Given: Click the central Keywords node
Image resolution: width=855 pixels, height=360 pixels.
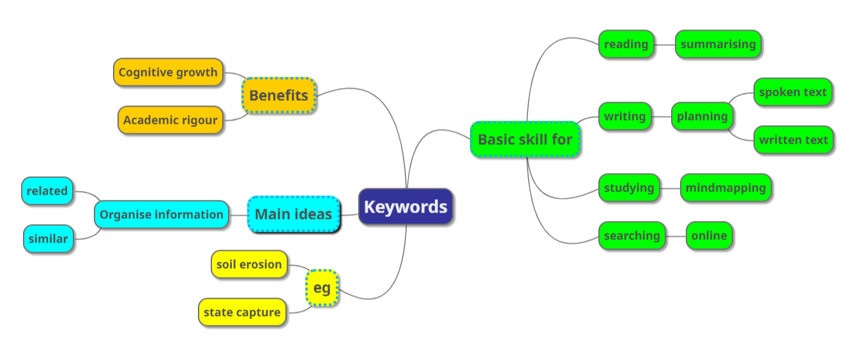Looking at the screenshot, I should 405,207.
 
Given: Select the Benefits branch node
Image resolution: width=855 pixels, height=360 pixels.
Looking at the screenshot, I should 278,96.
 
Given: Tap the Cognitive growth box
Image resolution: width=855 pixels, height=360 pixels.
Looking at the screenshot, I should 168,72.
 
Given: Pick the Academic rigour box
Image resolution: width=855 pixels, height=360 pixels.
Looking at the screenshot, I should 170,120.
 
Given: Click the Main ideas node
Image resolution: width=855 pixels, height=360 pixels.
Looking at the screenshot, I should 293,214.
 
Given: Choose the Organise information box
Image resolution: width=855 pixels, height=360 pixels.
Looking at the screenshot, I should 162,214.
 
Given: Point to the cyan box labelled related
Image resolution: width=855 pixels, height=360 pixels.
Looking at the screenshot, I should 47,191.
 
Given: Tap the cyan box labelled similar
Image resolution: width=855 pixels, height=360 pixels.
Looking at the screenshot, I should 48,239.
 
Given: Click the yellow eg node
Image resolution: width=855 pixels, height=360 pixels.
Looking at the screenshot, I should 322,288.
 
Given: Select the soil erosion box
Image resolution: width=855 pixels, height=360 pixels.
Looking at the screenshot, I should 249,264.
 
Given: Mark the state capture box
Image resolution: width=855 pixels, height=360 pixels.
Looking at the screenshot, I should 242,312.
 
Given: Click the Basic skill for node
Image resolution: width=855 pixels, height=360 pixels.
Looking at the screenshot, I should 525,139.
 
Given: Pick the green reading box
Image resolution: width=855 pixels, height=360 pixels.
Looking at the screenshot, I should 626,44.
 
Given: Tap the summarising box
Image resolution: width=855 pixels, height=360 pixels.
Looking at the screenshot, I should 718,44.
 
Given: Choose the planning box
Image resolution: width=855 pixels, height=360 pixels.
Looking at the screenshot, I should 702,116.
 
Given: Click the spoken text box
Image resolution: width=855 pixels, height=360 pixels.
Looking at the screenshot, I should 793,92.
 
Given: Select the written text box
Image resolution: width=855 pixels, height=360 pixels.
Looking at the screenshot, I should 793,140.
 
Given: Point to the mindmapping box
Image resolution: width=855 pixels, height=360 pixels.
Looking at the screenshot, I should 725,188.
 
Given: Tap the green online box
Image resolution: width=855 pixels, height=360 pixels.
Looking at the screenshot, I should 709,236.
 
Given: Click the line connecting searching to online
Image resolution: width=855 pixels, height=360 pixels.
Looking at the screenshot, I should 676,236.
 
